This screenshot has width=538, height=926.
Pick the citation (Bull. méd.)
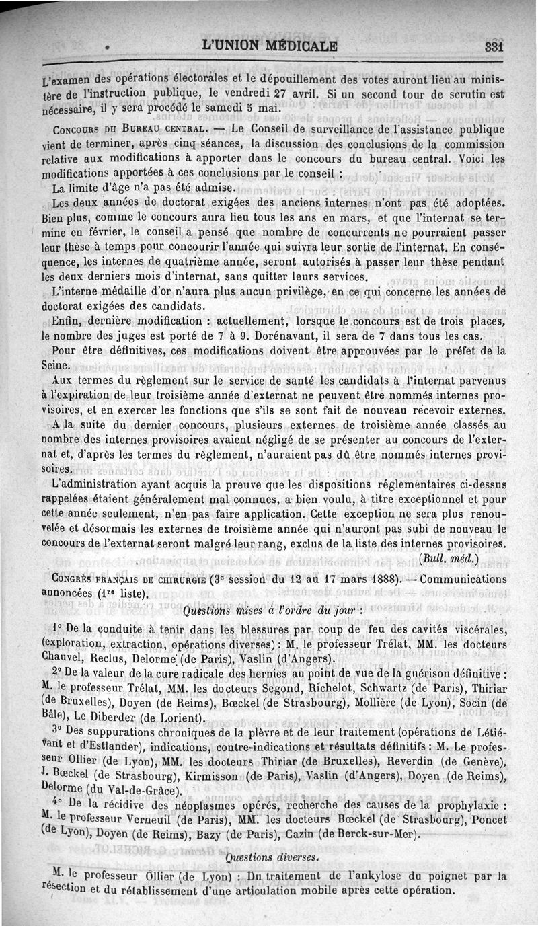tap(448, 557)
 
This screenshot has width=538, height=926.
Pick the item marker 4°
tap(57, 804)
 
